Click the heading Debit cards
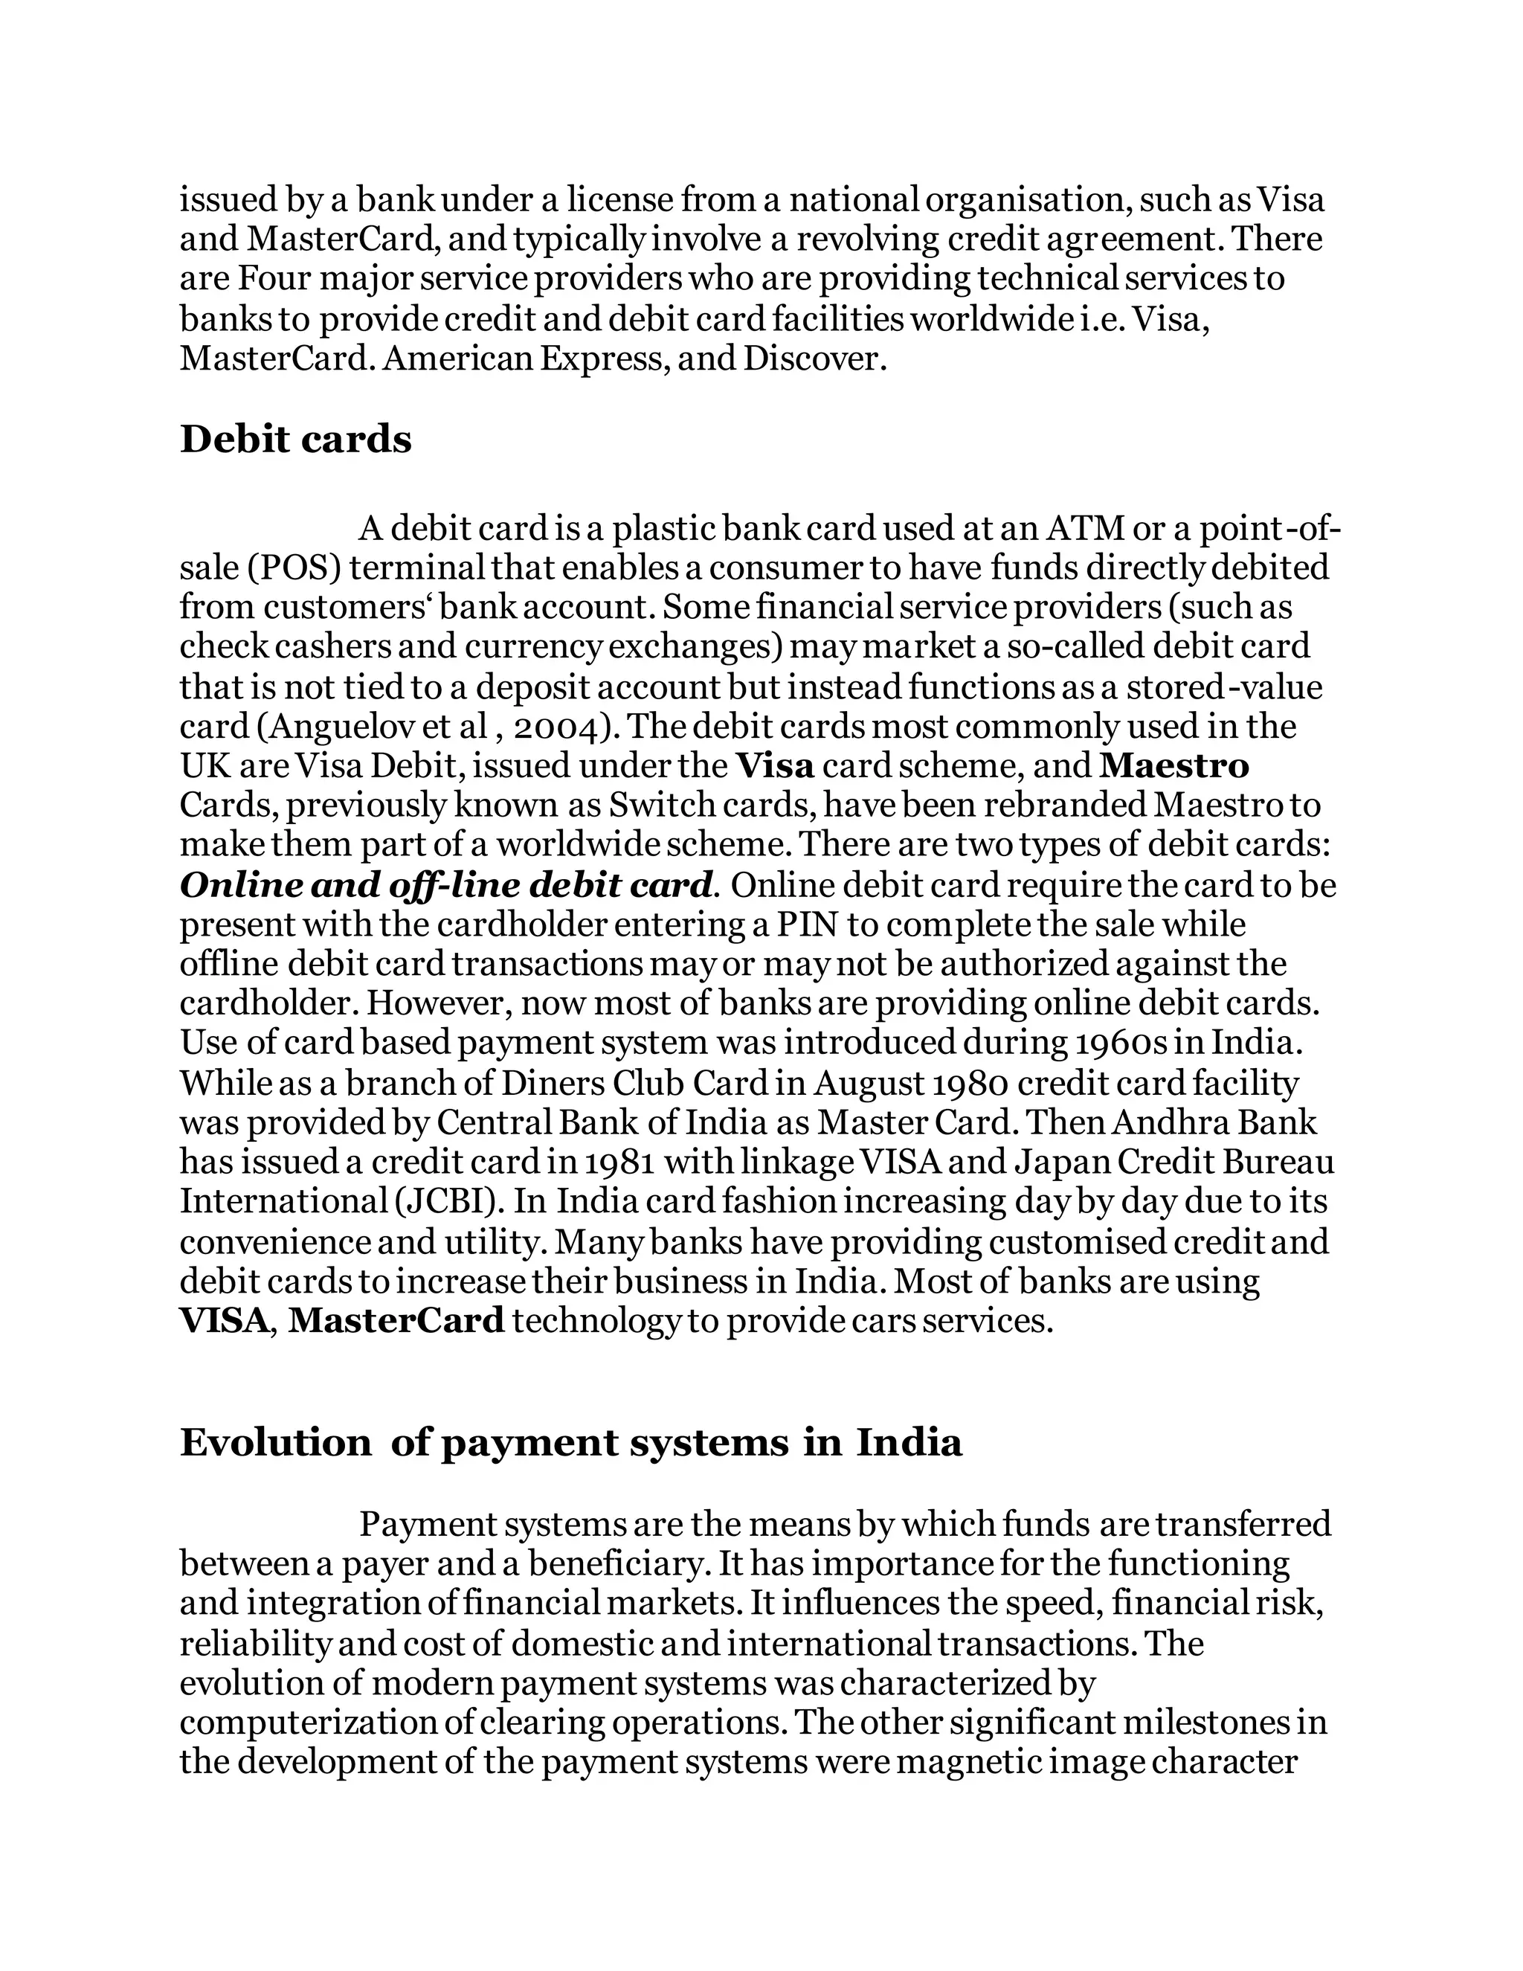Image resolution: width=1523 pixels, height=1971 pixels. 295,440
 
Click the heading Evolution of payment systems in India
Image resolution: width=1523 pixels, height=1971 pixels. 570,1442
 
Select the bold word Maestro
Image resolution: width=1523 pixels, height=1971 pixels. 1175,766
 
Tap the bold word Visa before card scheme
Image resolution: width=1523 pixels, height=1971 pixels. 775,766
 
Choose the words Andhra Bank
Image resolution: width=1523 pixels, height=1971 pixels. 1214,1122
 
